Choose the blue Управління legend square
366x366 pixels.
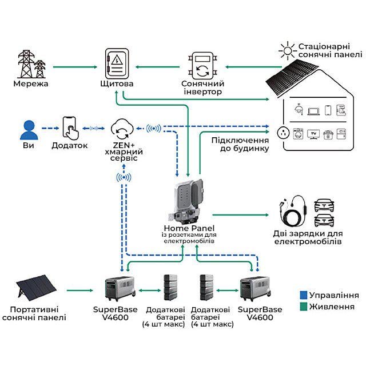(303, 296)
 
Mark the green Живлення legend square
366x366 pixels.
(303, 307)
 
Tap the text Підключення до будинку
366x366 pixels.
(240, 145)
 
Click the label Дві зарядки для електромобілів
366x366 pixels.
(308, 238)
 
